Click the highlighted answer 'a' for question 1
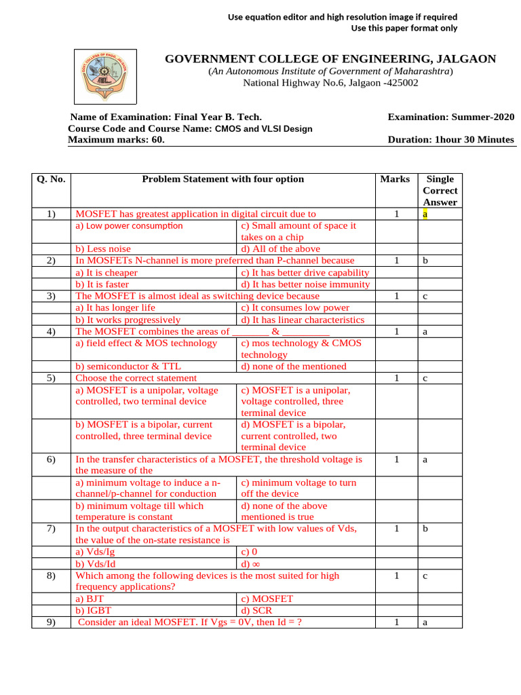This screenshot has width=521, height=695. [425, 214]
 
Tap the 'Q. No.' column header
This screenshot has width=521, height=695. [52, 179]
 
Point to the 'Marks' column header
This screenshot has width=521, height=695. [395, 179]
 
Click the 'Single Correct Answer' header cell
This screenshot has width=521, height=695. [440, 191]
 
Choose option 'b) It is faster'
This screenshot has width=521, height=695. [102, 284]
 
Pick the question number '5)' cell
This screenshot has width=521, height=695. [51, 378]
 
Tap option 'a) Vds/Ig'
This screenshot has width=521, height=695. [95, 552]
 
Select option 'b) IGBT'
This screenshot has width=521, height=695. [94, 610]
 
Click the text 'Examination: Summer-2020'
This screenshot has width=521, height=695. [451, 117]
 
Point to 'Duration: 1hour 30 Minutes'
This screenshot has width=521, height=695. [451, 140]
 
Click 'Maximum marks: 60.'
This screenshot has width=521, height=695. [116, 140]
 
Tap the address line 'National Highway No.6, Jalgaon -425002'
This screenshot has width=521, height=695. [331, 83]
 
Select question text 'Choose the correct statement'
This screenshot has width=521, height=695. [136, 378]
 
